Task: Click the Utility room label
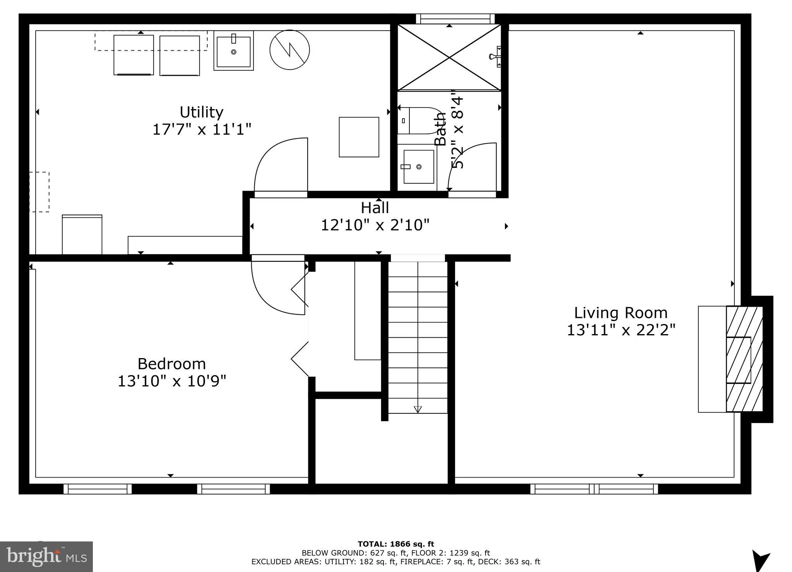coord(201,112)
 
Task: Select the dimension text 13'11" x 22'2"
coord(621,330)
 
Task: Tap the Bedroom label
coord(171,364)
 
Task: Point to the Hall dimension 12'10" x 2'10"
coord(375,225)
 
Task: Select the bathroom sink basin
coord(418,167)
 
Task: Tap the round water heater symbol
coord(289,50)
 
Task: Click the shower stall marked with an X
coord(449,58)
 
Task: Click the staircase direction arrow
coord(417,408)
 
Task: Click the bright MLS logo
coord(46,557)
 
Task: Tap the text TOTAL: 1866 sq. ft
coord(395,544)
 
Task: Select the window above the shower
coord(455,19)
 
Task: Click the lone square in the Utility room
coord(359,137)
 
